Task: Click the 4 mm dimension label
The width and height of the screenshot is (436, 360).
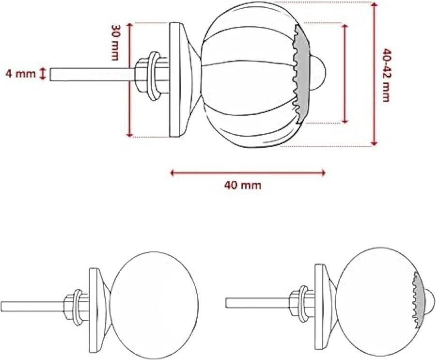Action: point(20,74)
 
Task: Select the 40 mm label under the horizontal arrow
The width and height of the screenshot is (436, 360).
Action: point(243,185)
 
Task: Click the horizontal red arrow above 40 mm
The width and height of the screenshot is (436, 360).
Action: point(247,172)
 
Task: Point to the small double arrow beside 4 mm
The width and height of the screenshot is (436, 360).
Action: point(43,74)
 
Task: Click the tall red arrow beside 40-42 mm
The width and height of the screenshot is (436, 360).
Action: point(374,74)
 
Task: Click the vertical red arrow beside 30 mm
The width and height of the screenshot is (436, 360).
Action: point(129,80)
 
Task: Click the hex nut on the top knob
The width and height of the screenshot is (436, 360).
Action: point(143,75)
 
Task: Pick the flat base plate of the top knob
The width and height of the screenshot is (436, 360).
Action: point(175,80)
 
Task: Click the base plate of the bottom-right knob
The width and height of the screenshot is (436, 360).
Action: point(320,306)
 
